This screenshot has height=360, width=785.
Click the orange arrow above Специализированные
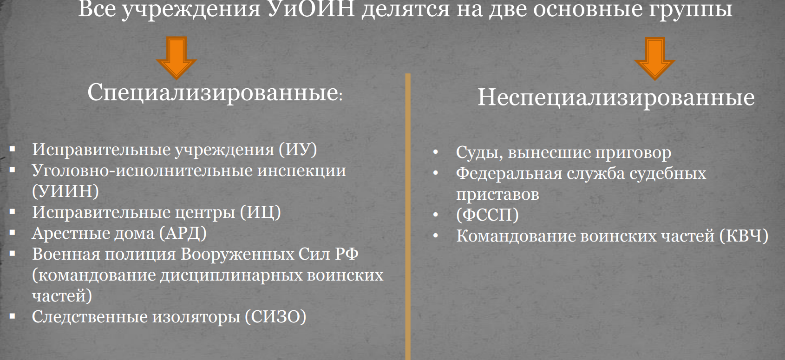(176, 58)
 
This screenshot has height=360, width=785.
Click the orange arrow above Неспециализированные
(654, 59)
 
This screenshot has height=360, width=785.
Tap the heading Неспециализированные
(616, 97)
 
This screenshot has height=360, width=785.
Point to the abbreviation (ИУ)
(298, 150)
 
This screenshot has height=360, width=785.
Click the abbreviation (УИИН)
(65, 191)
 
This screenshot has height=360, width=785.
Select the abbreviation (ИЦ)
(261, 212)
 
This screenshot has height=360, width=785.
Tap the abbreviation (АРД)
(183, 234)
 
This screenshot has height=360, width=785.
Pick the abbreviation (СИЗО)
(275, 317)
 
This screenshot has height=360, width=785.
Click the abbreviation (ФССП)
(487, 215)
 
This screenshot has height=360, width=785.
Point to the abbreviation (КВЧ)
(744, 236)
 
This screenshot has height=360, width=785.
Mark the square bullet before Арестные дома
(13, 232)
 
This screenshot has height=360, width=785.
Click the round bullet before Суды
(436, 152)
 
